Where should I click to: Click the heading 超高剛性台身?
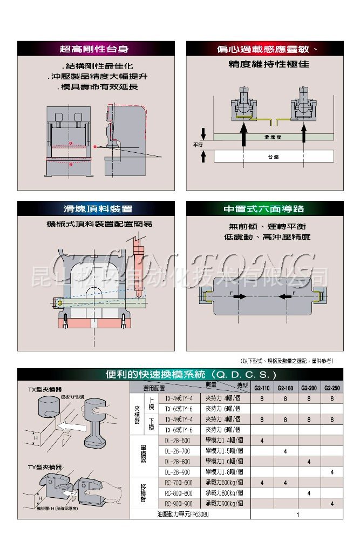coord(94,49)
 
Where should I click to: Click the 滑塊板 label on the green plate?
coord(273,138)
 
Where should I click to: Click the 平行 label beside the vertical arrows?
coord(198,145)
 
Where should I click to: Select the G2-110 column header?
coord(261,388)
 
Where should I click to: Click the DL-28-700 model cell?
coord(178,451)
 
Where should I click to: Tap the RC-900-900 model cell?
coord(178,503)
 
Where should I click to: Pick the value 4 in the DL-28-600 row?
coord(262,441)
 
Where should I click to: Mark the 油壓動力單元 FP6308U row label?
coord(182,514)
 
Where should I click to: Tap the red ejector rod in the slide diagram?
coord(139,267)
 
